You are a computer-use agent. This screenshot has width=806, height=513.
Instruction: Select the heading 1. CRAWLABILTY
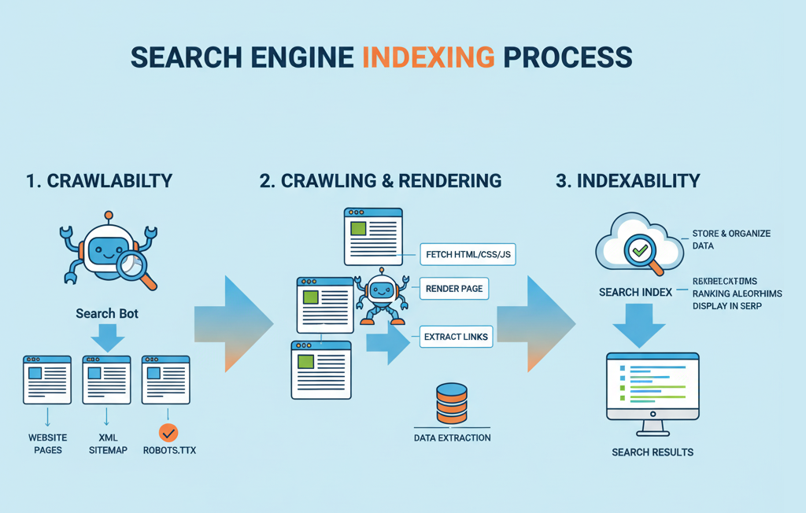pyautogui.click(x=99, y=181)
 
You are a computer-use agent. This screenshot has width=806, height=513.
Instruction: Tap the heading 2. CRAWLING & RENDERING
pyautogui.click(x=380, y=181)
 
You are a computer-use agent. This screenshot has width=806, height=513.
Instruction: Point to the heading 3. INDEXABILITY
pyautogui.click(x=627, y=181)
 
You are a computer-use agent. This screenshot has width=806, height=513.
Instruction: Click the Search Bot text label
pyautogui.click(x=107, y=313)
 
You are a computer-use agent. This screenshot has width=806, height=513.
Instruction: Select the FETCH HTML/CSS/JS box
pyautogui.click(x=468, y=255)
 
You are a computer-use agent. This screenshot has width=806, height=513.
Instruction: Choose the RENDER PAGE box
pyautogui.click(x=453, y=289)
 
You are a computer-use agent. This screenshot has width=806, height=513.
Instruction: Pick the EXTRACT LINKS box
pyautogui.click(x=456, y=337)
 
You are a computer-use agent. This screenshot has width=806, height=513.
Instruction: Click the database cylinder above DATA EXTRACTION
pyautogui.click(x=451, y=404)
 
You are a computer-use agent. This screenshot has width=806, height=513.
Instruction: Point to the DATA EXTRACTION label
pyautogui.click(x=452, y=437)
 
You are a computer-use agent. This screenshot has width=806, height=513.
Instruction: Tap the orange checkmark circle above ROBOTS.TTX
pyautogui.click(x=168, y=432)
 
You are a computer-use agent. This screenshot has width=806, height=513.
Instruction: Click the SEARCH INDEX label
pyautogui.click(x=635, y=293)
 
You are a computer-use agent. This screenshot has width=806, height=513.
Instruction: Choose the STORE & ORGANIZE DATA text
pyautogui.click(x=731, y=239)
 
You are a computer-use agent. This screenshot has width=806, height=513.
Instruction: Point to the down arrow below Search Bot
pyautogui.click(x=108, y=339)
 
